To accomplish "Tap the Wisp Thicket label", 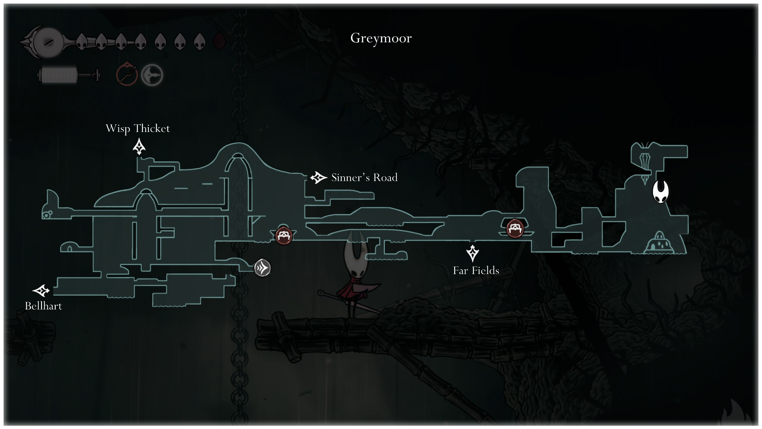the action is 138,128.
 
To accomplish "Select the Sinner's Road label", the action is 364,178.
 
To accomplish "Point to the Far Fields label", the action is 476,271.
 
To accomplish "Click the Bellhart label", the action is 43,306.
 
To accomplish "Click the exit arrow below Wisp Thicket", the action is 139,147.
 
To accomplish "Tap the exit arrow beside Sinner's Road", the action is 318,178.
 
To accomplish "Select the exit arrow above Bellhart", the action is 41,290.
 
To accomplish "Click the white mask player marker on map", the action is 660,192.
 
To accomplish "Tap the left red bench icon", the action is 284,235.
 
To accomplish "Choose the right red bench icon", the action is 515,229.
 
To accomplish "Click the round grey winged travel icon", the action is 262,268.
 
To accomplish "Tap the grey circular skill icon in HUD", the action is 152,75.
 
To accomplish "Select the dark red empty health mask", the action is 219,41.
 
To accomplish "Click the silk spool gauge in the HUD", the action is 69,75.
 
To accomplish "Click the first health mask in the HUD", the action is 82,41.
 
